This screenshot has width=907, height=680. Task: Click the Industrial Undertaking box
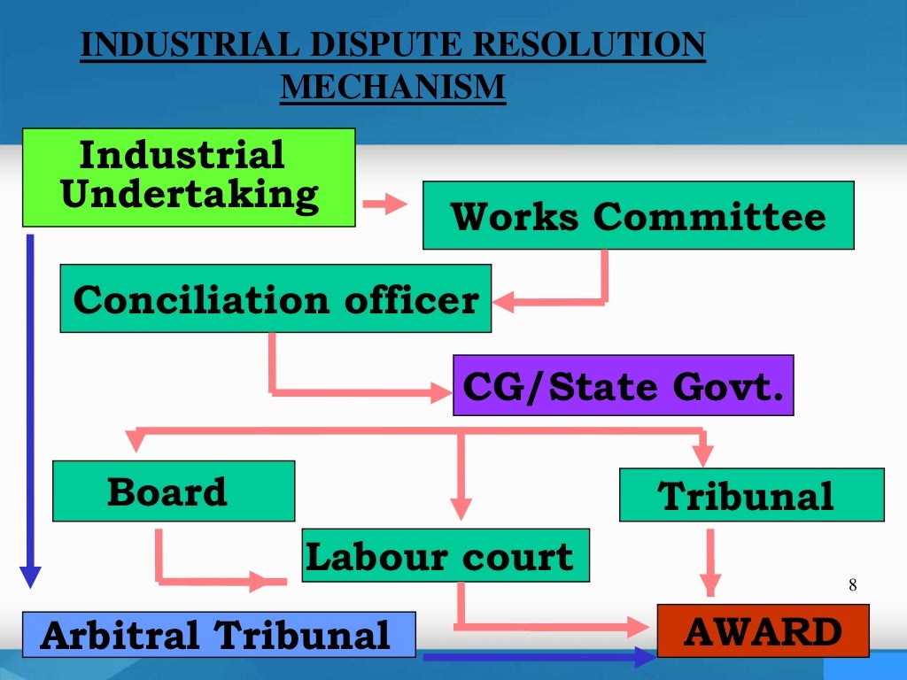188,177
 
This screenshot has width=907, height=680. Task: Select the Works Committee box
638,215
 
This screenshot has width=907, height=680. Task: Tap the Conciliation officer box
275,298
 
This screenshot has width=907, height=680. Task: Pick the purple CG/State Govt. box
623,385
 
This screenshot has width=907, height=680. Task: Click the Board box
174,491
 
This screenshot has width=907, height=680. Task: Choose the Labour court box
446,555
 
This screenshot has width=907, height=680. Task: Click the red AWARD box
763,630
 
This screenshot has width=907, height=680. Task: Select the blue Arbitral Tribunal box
218,634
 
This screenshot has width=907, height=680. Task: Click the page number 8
852,584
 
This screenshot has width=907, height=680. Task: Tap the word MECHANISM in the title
392,87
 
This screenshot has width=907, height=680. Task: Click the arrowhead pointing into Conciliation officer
505,301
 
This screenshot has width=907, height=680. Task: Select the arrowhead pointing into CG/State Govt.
441,390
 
